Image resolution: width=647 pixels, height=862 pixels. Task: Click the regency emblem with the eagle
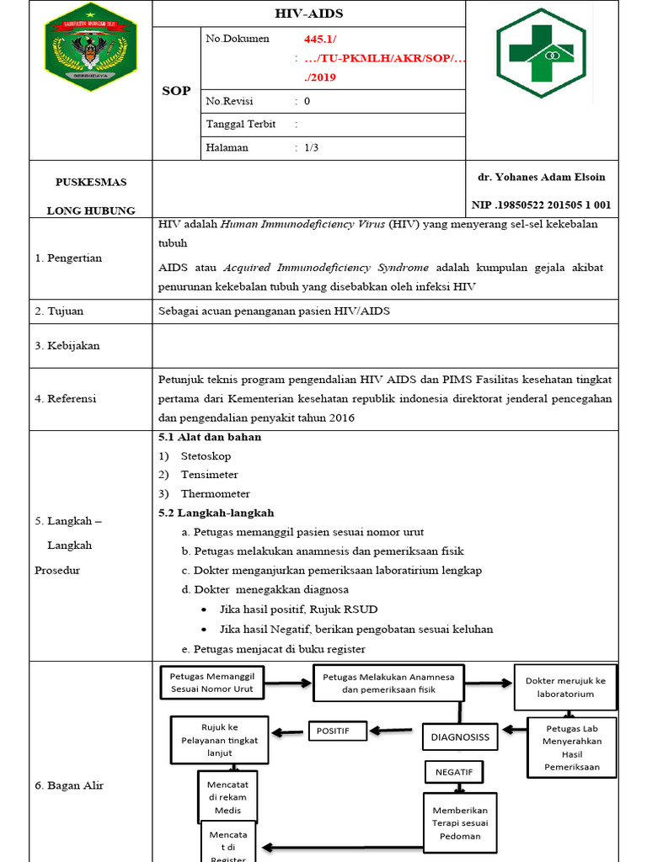(90, 47)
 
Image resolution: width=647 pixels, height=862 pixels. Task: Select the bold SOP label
(176, 91)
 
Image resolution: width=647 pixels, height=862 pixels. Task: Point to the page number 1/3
(311, 147)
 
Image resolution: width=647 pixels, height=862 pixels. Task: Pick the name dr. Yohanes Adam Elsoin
(541, 177)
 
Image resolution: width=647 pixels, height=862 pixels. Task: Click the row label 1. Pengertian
(68, 258)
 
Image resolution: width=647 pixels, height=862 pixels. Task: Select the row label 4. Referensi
(66, 398)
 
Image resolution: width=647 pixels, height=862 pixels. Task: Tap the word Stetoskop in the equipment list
(206, 455)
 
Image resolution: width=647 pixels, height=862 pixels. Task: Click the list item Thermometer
(215, 493)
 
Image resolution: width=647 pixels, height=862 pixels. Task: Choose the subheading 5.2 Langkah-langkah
(216, 513)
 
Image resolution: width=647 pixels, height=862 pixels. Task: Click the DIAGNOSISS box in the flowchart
(460, 737)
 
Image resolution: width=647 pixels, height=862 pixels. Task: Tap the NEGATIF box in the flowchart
(454, 771)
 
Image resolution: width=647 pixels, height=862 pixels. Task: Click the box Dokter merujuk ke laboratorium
(564, 687)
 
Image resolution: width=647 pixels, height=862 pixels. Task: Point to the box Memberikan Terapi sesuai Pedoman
(460, 823)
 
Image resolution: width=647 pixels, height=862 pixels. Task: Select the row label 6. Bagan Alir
(69, 785)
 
